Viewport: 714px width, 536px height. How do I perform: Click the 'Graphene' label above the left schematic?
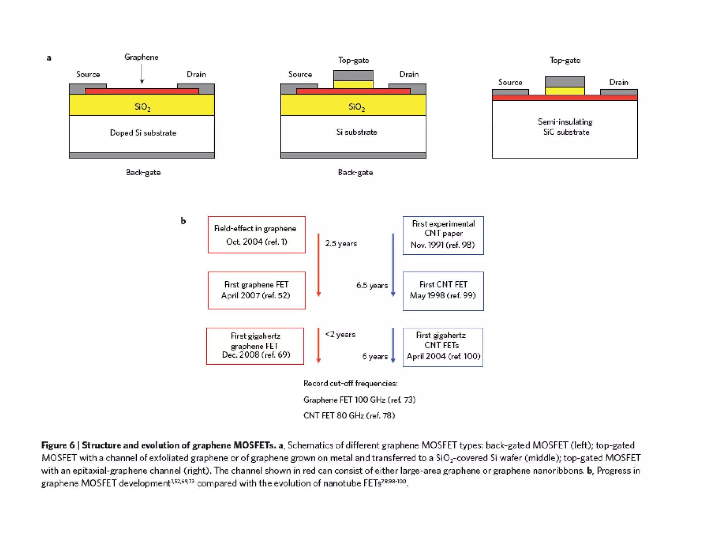pyautogui.click(x=141, y=57)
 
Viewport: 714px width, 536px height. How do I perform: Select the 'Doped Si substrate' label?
pyautogui.click(x=143, y=133)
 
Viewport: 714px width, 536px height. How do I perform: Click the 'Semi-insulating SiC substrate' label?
pyautogui.click(x=565, y=127)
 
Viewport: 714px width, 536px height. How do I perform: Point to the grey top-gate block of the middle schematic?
pyautogui.click(x=353, y=75)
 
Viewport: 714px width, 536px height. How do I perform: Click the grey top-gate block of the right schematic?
pyautogui.click(x=565, y=82)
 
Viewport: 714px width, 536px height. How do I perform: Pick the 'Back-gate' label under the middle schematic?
pyautogui.click(x=355, y=172)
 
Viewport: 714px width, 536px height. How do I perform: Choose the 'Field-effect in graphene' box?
pyautogui.click(x=257, y=235)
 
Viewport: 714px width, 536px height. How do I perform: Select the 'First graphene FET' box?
pyautogui.click(x=257, y=290)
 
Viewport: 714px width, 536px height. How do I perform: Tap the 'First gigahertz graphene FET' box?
pyautogui.click(x=255, y=346)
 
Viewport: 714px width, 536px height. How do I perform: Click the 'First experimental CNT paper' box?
pyautogui.click(x=443, y=236)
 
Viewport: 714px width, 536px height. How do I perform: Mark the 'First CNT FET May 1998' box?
pyautogui.click(x=443, y=291)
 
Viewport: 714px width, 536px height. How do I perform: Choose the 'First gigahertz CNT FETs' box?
pyautogui.click(x=443, y=347)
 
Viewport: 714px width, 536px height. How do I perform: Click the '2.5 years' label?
pyautogui.click(x=341, y=244)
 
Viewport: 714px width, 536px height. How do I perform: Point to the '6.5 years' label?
pyautogui.click(x=372, y=285)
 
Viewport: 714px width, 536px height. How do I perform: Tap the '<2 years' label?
pyautogui.click(x=340, y=334)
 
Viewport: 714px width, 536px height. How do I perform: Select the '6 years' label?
pyautogui.click(x=375, y=357)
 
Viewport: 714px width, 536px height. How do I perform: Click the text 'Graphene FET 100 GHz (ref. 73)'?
pyautogui.click(x=359, y=400)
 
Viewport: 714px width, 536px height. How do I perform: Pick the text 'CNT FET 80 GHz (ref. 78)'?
pyautogui.click(x=349, y=416)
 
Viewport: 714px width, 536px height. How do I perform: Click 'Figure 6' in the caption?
pyautogui.click(x=58, y=445)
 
